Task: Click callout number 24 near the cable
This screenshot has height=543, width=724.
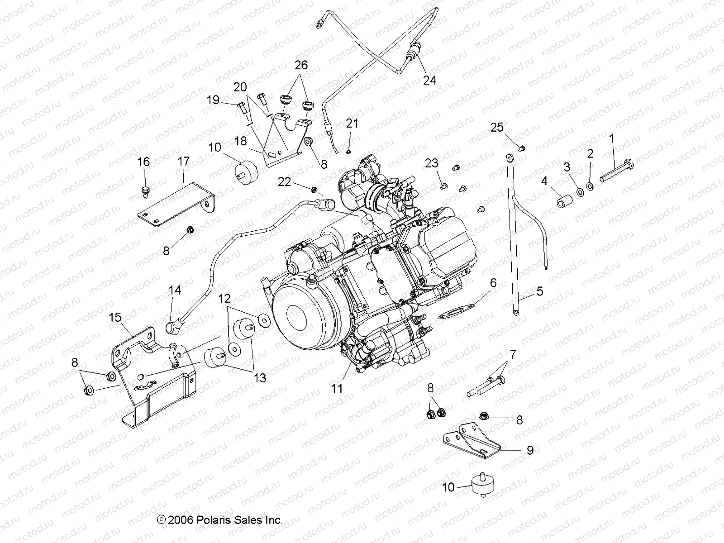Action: (x=429, y=80)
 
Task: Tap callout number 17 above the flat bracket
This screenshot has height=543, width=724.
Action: (x=184, y=162)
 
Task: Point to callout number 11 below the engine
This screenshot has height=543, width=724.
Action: (x=337, y=388)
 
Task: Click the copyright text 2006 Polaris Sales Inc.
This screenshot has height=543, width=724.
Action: (x=220, y=520)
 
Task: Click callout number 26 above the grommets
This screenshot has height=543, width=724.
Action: (x=301, y=65)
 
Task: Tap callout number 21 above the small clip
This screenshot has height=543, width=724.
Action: (x=352, y=123)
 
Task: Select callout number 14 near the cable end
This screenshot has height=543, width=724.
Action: (x=175, y=290)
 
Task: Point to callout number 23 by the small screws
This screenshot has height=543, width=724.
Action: (x=432, y=163)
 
